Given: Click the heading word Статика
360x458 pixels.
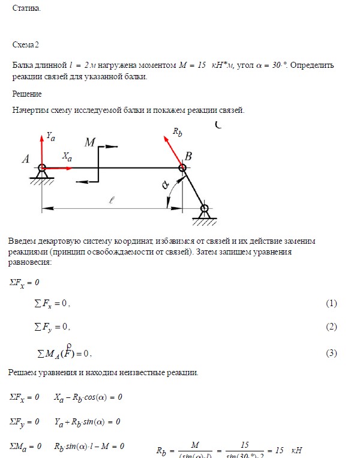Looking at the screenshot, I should coord(27,9).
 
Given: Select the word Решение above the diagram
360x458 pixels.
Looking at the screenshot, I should coord(27,94).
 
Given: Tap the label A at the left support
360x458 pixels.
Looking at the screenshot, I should coord(26,160).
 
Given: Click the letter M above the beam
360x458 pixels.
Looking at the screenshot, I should coord(90,142).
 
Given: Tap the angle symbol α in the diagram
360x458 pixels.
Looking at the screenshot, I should coord(166,185).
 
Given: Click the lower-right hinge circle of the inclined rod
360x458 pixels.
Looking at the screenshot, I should coord(205,209).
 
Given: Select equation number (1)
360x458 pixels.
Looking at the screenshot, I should coord(331,304).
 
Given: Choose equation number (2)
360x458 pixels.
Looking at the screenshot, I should coord(331,327).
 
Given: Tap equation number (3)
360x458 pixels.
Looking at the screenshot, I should coord(331,353).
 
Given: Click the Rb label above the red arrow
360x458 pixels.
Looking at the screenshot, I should coord(177,132).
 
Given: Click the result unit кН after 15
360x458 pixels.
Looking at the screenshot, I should coord(296,451).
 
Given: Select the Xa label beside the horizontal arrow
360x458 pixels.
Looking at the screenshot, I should coord(67,157).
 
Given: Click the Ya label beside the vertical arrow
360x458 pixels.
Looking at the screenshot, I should coord(51,137).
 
